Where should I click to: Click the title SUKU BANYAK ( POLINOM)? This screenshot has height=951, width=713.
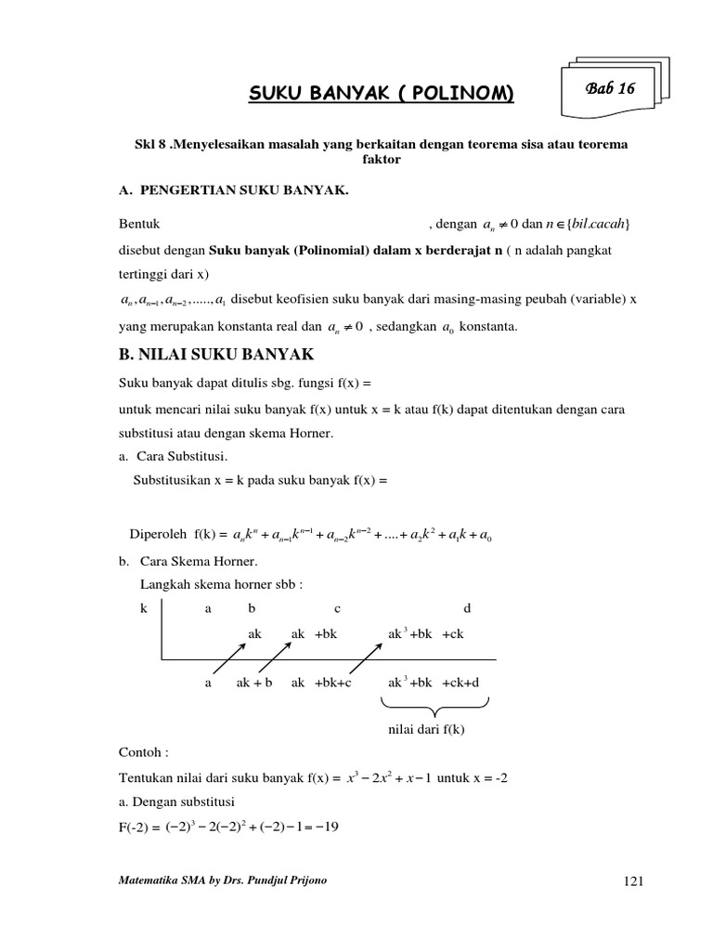[x=380, y=94]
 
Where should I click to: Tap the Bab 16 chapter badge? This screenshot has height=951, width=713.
[x=609, y=89]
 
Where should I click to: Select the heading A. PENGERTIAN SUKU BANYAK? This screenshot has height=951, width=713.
[x=233, y=190]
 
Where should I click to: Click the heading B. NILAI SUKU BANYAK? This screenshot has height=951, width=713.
[x=217, y=354]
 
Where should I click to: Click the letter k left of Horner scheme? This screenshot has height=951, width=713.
[x=144, y=608]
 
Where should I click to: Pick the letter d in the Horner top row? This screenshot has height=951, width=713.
[x=467, y=608]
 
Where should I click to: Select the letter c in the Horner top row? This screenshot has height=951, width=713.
[x=337, y=608]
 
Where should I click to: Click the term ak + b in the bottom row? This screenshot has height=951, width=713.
[x=254, y=682]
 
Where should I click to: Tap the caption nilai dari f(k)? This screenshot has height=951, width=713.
[x=425, y=729]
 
